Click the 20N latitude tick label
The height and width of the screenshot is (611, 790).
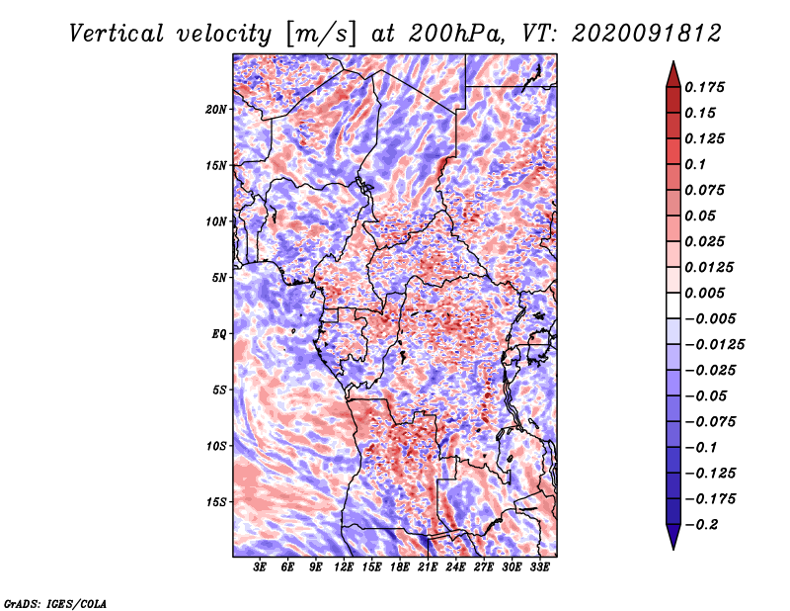click(216, 110)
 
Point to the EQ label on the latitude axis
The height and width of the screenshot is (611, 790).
click(219, 334)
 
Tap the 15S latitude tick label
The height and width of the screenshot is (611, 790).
click(216, 502)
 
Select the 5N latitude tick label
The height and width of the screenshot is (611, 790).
click(219, 278)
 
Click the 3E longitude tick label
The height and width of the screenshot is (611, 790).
click(260, 567)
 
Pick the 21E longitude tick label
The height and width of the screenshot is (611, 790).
click(428, 567)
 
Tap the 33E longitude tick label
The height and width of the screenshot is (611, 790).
click(539, 567)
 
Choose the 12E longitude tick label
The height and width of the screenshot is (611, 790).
click(344, 567)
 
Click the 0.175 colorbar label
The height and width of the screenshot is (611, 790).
click(704, 87)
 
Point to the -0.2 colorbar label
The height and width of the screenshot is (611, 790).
click(701, 525)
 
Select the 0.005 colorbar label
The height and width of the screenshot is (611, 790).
click(704, 293)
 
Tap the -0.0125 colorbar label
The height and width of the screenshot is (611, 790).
click(714, 345)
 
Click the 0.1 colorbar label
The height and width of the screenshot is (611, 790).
click(695, 164)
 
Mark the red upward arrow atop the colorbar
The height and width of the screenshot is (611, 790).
click(673, 74)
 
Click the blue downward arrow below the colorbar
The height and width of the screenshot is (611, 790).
click(673, 536)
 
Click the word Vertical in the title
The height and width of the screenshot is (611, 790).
click(117, 34)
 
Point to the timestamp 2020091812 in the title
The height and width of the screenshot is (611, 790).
click(647, 34)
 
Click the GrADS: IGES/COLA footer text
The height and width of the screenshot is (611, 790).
click(55, 603)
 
